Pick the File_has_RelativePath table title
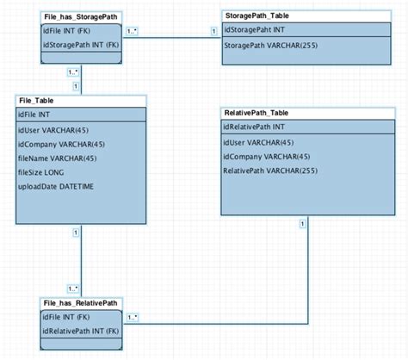pos(80,304)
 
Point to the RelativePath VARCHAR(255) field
pos(269,171)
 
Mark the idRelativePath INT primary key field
pos(256,127)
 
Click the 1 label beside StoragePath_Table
pos(213,33)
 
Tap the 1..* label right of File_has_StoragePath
pos(132,32)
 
